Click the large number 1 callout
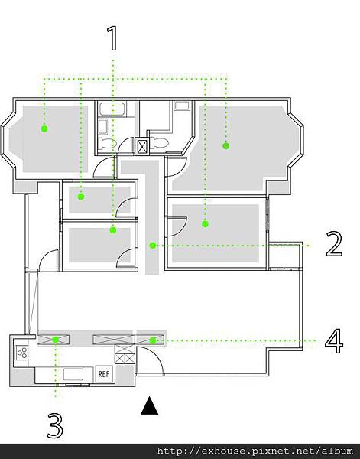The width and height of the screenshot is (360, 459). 112,38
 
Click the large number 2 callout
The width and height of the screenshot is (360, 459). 334,244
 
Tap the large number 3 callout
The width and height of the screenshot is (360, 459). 55,425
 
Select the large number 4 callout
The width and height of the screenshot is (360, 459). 334,341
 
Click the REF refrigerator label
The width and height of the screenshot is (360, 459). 104,374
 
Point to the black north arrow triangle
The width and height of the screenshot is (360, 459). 150,405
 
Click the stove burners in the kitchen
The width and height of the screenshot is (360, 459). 22,352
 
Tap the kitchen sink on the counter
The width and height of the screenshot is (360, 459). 73,374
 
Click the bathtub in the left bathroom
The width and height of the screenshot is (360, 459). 112,109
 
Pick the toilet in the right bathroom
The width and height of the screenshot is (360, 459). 159,143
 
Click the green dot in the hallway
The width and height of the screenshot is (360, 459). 152,246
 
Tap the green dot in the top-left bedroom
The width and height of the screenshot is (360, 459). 44,129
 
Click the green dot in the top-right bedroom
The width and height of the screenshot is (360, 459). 225,145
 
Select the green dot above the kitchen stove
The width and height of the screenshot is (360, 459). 56,340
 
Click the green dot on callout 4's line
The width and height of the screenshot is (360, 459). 153,340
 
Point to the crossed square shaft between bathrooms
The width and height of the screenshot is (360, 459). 142,146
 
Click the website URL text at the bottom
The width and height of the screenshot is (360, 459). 255,451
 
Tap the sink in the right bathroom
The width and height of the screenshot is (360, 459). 182,106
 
